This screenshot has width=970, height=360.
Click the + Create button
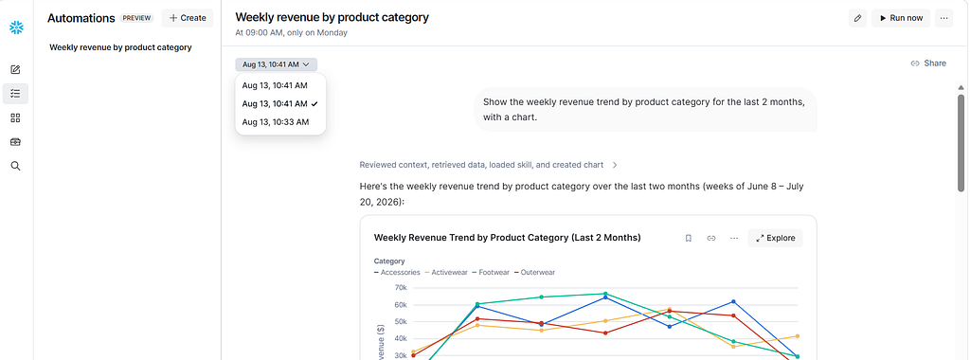pos(188,18)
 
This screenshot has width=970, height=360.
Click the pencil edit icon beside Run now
pos(857,18)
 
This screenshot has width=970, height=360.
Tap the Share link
pos(928,63)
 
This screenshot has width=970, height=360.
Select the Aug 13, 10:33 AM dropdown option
pos(276,122)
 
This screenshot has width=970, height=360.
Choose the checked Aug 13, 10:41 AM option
pos(279,103)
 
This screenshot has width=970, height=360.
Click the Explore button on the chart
pos(775,238)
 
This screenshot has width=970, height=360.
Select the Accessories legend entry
pos(397,272)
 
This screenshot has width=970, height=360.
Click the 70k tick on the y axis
pos(400,288)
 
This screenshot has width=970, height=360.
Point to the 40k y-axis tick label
pos(400,339)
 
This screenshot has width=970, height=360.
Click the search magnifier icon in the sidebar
pos(16,166)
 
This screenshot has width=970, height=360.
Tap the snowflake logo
pos(16,27)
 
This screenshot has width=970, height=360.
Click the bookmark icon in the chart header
pos(688,238)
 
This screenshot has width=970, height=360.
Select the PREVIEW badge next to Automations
pos(136,18)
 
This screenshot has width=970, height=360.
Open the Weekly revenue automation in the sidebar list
pos(120,47)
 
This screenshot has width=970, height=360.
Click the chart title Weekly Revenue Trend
pos(508,238)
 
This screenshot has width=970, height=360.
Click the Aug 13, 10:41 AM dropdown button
pos(276,64)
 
